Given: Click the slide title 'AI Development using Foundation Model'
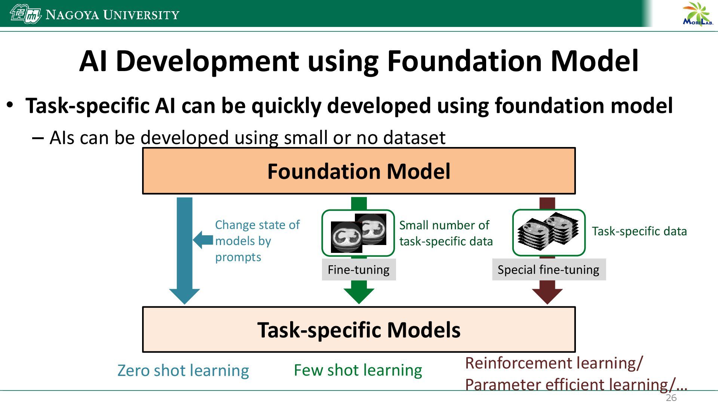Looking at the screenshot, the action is coord(359,61).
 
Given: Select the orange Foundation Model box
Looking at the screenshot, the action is coord(359,171).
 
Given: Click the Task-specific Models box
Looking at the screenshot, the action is coord(359,330).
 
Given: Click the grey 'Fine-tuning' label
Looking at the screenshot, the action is coord(359,270).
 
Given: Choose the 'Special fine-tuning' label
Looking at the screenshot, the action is coord(548,270).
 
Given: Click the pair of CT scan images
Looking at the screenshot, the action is coord(358,233).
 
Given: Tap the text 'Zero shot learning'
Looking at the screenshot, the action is coord(183,370).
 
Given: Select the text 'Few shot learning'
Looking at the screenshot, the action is coord(358,370).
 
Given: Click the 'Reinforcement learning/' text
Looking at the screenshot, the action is coord(554,363).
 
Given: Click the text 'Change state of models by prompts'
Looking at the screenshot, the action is coord(257,241).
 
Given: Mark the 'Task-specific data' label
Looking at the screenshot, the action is coord(639,231).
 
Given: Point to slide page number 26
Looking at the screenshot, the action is coord(671,398).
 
